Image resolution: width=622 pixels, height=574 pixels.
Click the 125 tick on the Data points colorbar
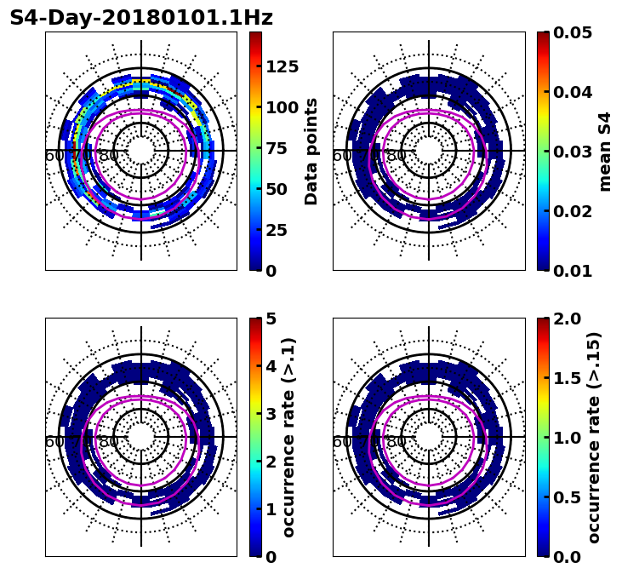tap(282, 67)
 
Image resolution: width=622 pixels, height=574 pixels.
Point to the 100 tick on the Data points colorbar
tap(282, 107)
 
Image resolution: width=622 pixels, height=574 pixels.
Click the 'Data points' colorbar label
tap(311, 151)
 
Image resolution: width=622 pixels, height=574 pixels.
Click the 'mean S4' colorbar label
tap(605, 151)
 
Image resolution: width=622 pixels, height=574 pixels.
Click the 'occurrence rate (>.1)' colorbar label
tap(289, 437)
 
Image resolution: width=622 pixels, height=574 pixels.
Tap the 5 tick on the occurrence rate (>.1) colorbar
tap(271, 319)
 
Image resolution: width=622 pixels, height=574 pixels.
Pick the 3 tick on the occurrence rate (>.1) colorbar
tap(271, 414)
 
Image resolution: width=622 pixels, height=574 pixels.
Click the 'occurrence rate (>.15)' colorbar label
tap(594, 437)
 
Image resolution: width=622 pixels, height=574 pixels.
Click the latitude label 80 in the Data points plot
tap(109, 156)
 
